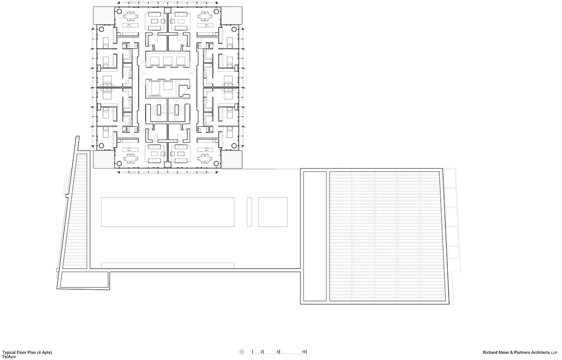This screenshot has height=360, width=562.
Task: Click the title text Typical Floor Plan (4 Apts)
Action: [x=27, y=352]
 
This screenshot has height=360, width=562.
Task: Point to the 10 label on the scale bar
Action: [x=303, y=352]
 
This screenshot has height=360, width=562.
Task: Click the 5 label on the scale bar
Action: [x=278, y=352]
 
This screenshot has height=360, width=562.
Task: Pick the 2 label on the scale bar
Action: [x=262, y=352]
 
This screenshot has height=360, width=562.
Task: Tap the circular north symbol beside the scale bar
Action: [x=242, y=352]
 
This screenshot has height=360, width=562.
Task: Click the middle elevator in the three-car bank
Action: [x=168, y=60]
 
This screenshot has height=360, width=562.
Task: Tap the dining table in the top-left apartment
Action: [x=129, y=16]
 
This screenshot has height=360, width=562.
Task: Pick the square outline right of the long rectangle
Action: [x=273, y=212]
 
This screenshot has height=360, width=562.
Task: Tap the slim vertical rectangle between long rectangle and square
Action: [x=250, y=212]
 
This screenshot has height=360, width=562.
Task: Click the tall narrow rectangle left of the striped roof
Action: [x=313, y=236]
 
